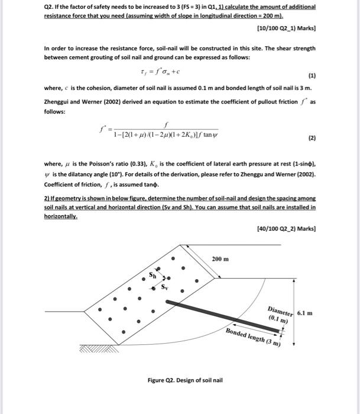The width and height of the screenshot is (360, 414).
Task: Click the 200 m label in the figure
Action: pos(220,259)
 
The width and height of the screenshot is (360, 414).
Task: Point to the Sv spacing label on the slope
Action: pos(165,288)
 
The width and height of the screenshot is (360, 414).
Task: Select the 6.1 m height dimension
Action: pos(305,312)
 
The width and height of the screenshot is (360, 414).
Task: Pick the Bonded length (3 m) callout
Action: pos(254,338)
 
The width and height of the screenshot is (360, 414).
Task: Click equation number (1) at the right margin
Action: pos(312,76)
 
